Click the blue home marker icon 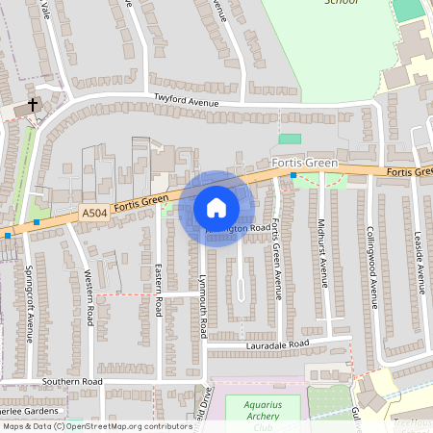pyautogui.click(x=216, y=208)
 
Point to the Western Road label pyautogui.click(x=89, y=295)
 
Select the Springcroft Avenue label pyautogui.click(x=30, y=304)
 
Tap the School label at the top pyautogui.click(x=342, y=3)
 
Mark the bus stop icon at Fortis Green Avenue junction pyautogui.click(x=293, y=176)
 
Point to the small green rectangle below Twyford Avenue pyautogui.click(x=290, y=140)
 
